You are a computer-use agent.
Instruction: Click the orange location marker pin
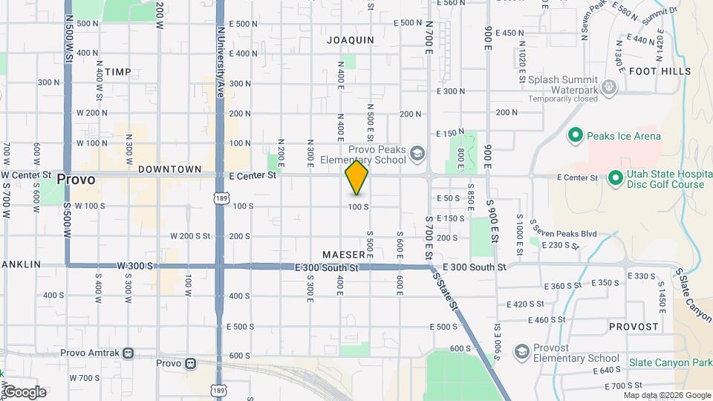pyautogui.click(x=356, y=177)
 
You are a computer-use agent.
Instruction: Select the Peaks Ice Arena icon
pyautogui.click(x=574, y=136)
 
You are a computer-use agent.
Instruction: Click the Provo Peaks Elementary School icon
pyautogui.click(x=417, y=154)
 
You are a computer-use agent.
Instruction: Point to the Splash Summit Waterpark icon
pyautogui.click(x=610, y=88)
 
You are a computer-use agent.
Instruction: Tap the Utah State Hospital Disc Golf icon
pyautogui.click(x=615, y=178)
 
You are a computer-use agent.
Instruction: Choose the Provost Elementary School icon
pyautogui.click(x=521, y=349)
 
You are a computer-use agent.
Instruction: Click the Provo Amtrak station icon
pyautogui.click(x=128, y=353)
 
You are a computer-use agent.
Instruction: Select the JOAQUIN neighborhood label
pyautogui.click(x=350, y=41)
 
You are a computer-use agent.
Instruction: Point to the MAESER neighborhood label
pyautogui.click(x=344, y=255)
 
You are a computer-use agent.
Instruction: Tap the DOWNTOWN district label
pyautogui.click(x=169, y=169)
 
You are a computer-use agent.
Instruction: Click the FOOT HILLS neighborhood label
pyautogui.click(x=660, y=71)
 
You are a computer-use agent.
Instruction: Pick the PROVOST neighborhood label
pyautogui.click(x=634, y=327)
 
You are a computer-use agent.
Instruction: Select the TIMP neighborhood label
pyautogui.click(x=117, y=72)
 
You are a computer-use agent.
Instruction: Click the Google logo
pyautogui.click(x=24, y=392)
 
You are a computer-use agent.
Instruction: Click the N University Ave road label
pyautogui.click(x=220, y=63)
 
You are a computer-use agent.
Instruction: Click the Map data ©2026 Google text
pyautogui.click(x=667, y=395)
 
